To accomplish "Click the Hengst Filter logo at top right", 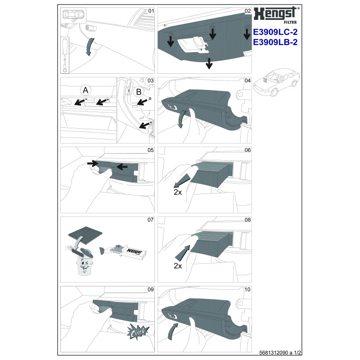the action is coord(276,15).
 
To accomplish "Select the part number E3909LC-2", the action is coord(275,32).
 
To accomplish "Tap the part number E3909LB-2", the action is coord(275,42).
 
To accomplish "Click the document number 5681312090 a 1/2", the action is coord(280,352).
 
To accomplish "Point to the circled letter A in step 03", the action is coord(85,90).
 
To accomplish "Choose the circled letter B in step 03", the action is coord(139,92).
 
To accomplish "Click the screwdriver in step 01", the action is coord(65,55).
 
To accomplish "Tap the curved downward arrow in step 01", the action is coord(90,47).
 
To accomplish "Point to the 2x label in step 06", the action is coord(177,192).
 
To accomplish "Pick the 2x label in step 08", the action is coord(177,266).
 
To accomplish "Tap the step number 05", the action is coord(151,150).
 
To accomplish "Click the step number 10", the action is coord(247,289).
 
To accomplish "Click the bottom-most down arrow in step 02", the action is coord(209,63).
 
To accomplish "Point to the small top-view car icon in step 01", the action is coord(73,15).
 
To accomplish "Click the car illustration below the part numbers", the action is coord(276,81).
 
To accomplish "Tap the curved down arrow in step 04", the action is coord(182,119).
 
